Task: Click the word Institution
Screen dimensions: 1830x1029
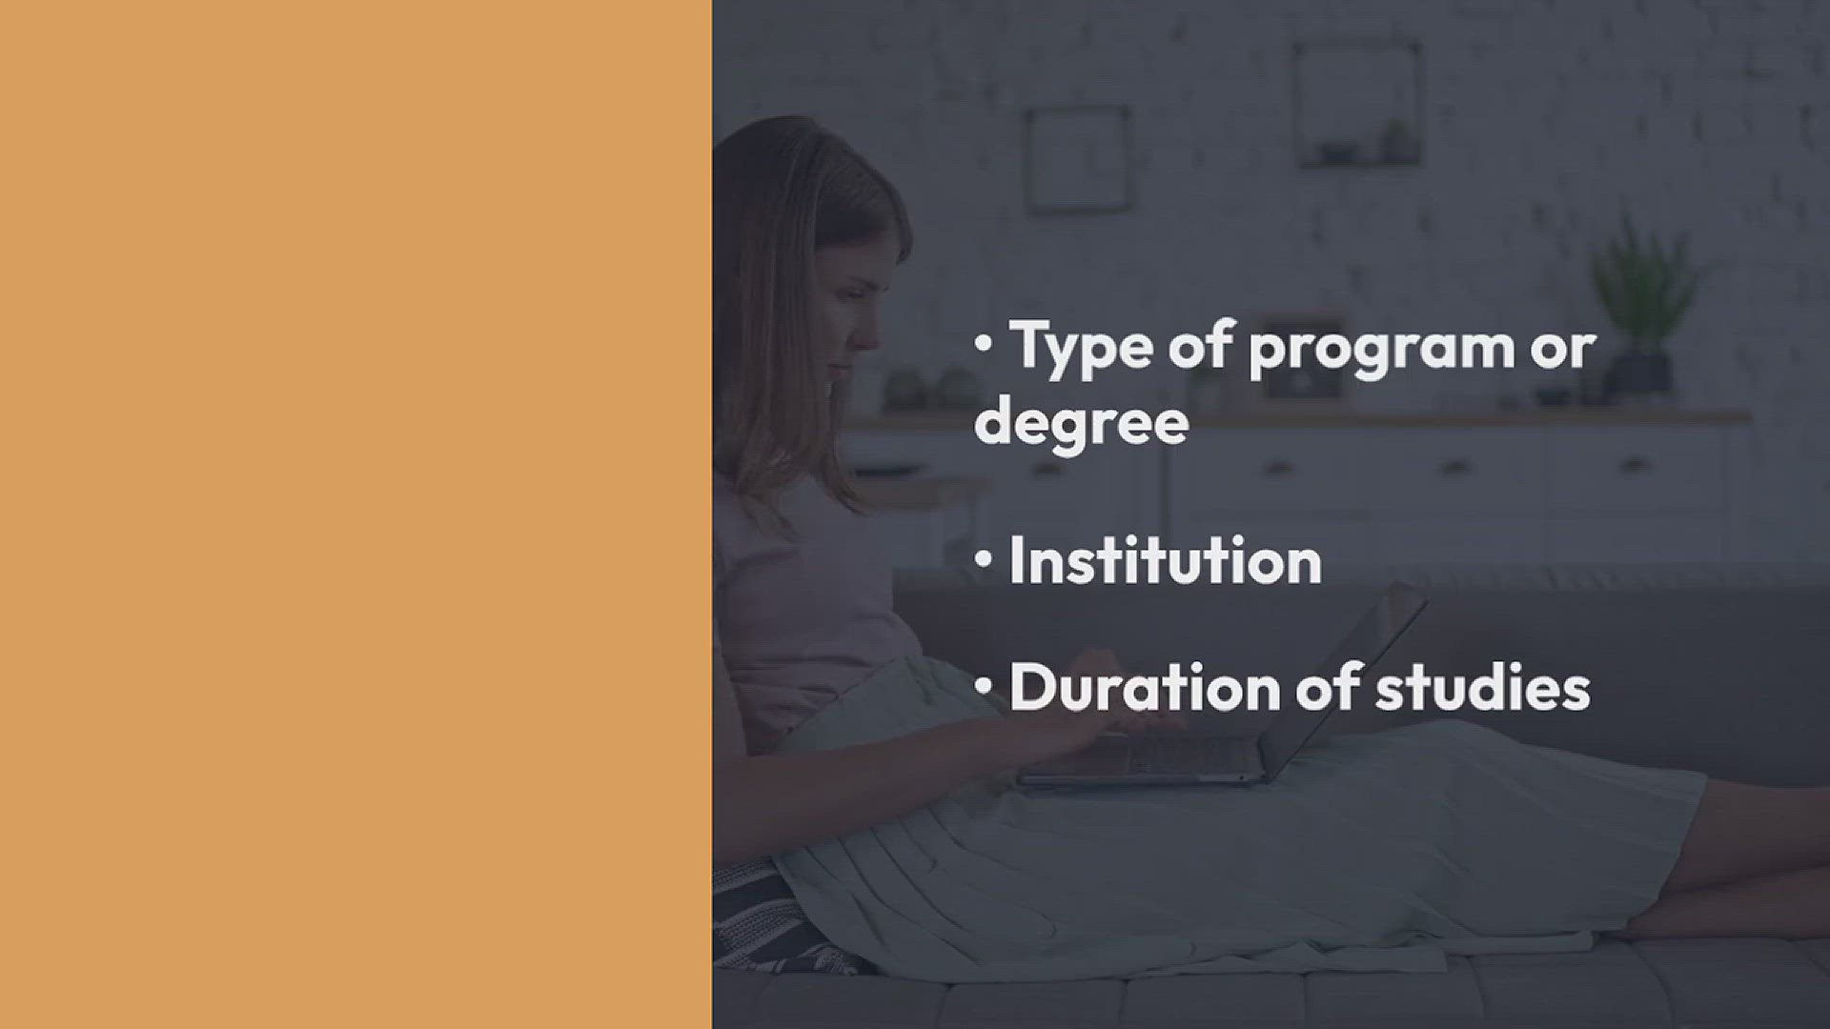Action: click(x=1166, y=560)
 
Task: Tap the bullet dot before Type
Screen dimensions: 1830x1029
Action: click(x=984, y=345)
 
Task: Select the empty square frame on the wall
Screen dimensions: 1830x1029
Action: click(x=1078, y=159)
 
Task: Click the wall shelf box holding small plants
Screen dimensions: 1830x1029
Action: click(x=1357, y=104)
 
